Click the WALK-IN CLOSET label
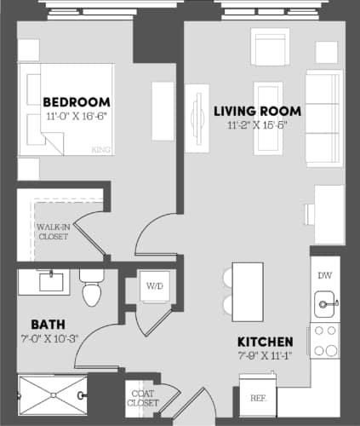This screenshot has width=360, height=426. point(53,231)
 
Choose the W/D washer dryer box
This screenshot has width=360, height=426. point(154,285)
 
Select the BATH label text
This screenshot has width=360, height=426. point(45,324)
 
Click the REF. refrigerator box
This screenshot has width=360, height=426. point(256,398)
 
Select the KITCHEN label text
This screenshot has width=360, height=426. point(266,341)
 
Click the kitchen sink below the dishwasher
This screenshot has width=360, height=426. point(324,302)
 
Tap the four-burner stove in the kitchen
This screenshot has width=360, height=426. point(324,341)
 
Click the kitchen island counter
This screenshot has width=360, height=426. point(249,290)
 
